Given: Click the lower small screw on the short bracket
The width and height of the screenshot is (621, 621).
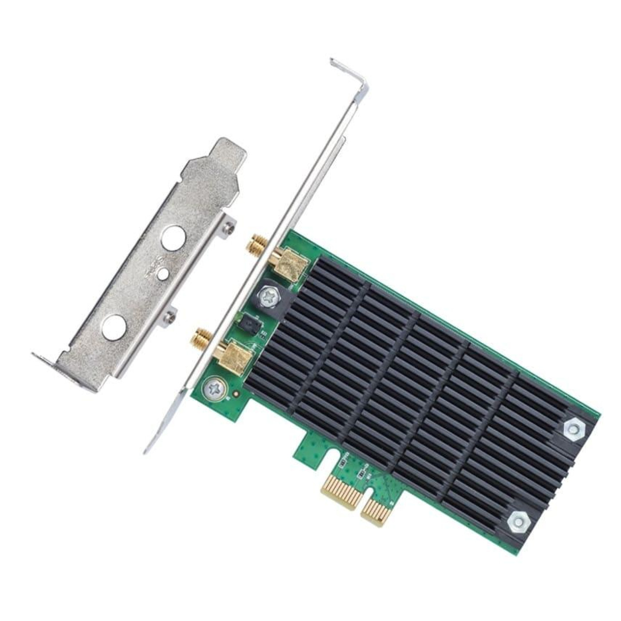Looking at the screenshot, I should [169, 316].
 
